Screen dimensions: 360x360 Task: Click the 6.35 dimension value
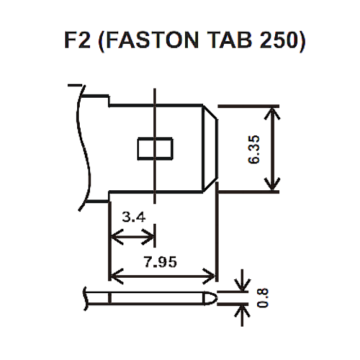click(x=254, y=149)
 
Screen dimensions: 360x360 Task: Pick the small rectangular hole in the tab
click(x=155, y=149)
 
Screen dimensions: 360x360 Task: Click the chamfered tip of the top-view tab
click(x=209, y=149)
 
